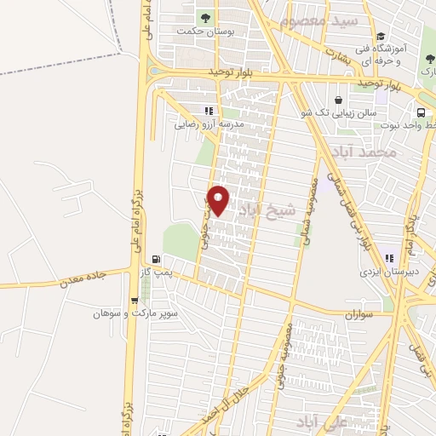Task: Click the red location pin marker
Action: pos(219,200)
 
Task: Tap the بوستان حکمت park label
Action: pos(204,32)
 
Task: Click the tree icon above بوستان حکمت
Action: pos(204,16)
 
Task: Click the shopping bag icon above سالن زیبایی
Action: pos(340,99)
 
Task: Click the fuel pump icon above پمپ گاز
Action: pos(155,260)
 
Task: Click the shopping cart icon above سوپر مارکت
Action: pos(134,300)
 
